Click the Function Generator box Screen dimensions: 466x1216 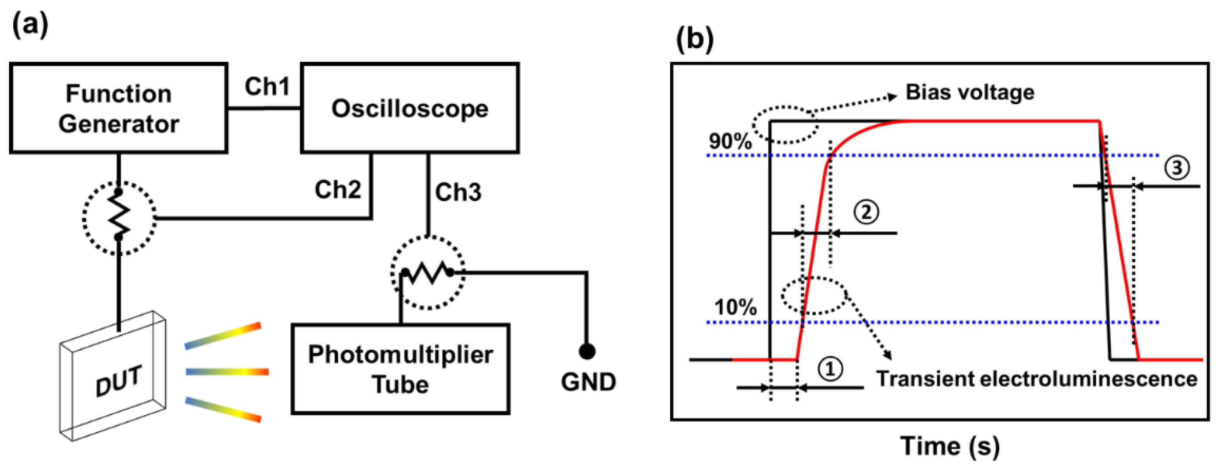tap(118, 108)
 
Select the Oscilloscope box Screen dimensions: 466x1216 tap(410, 108)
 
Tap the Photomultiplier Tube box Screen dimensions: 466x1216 tap(400, 369)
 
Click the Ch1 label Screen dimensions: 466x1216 tap(267, 87)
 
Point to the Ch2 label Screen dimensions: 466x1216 tap(338, 190)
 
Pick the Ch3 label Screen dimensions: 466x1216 tap(458, 192)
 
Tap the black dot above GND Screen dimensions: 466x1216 tap(587, 351)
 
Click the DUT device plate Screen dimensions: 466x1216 tap(113, 377)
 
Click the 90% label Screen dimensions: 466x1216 tap(730, 141)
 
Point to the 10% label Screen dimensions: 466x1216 tap(735, 307)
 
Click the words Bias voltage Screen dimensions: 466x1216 tap(970, 92)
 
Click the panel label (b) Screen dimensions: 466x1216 tap(694, 39)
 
